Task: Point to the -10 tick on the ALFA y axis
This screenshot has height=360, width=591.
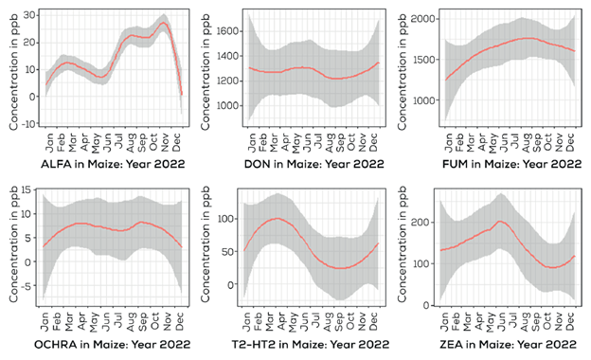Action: point(27,124)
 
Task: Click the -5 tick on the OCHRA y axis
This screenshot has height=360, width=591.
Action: point(30,290)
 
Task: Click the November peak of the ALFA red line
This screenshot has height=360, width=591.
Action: point(164,24)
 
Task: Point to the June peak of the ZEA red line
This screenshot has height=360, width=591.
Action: point(499,222)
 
